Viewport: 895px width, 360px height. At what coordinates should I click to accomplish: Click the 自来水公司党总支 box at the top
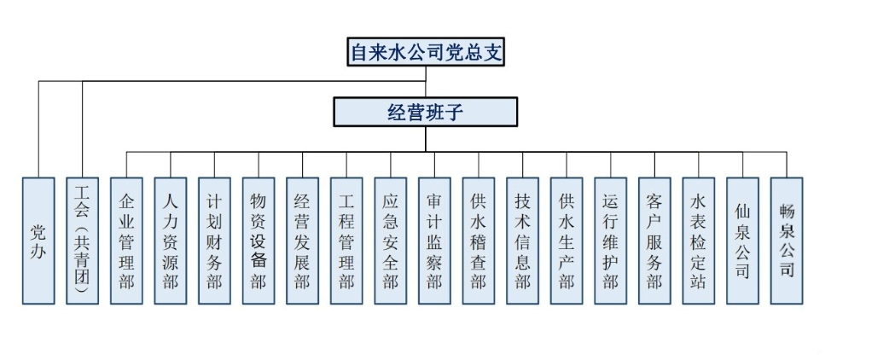pyautogui.click(x=426, y=52)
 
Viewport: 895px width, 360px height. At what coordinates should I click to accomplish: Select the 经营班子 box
pyautogui.click(x=425, y=112)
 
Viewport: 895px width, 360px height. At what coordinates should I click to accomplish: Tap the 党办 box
pyautogui.click(x=38, y=241)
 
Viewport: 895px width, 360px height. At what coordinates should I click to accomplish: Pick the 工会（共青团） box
pyautogui.click(x=83, y=241)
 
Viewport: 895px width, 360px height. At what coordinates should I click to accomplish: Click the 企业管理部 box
pyautogui.click(x=127, y=241)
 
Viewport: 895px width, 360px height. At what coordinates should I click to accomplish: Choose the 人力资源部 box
pyautogui.click(x=171, y=241)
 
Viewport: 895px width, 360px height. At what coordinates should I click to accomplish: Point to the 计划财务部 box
pyautogui.click(x=214, y=241)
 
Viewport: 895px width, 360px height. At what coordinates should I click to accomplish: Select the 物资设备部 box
pyautogui.click(x=259, y=241)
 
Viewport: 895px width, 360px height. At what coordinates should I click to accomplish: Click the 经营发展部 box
pyautogui.click(x=302, y=241)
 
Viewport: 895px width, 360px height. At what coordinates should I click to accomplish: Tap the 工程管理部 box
pyautogui.click(x=346, y=241)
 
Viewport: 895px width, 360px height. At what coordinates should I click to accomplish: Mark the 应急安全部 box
pyautogui.click(x=391, y=241)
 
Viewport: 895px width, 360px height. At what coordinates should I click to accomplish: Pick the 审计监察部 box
pyautogui.click(x=434, y=241)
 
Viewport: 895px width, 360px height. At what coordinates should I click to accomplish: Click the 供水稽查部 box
pyautogui.click(x=479, y=241)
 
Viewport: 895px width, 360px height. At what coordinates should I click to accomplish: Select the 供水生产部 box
pyautogui.click(x=567, y=241)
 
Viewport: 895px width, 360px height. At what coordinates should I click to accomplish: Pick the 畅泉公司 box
pyautogui.click(x=787, y=241)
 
